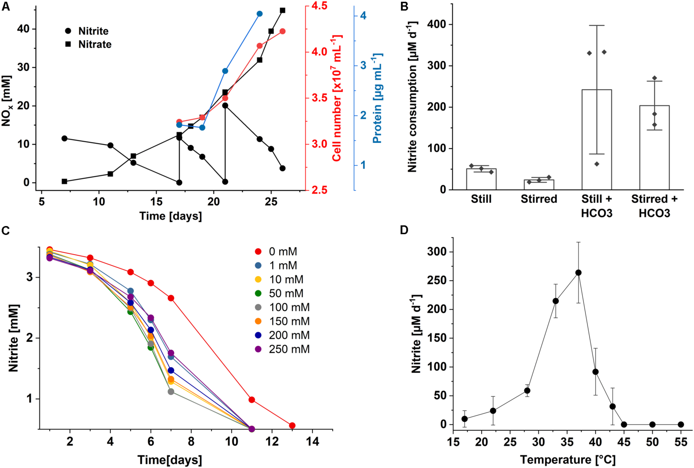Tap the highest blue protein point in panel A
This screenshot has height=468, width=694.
pyautogui.click(x=259, y=14)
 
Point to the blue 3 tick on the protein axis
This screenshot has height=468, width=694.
pyautogui.click(x=363, y=65)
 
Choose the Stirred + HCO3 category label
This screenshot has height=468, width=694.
pyautogui.click(x=654, y=206)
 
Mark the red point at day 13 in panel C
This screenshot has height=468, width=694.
pyautogui.click(x=292, y=425)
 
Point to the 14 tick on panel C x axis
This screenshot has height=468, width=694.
pyautogui.click(x=312, y=441)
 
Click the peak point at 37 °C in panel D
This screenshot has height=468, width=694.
pyautogui.click(x=578, y=273)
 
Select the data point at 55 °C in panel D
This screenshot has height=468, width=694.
pyautogui.click(x=681, y=424)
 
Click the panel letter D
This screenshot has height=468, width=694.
pyautogui.click(x=404, y=230)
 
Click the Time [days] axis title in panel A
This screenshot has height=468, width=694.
pyautogui.click(x=170, y=216)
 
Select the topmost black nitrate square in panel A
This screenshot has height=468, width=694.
pyautogui.click(x=282, y=11)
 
